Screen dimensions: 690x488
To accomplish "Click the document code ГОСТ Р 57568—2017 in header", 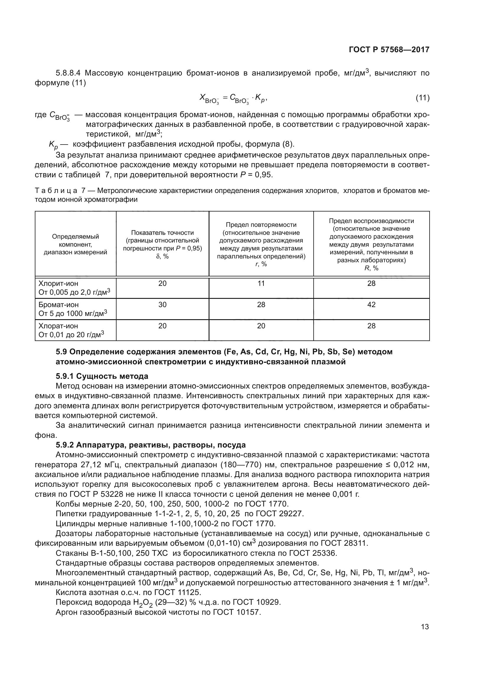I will pyautogui.click(x=389, y=50).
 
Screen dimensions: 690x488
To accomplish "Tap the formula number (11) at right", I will pyautogui.click(x=422, y=98).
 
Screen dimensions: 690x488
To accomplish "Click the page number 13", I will pyautogui.click(x=425, y=627).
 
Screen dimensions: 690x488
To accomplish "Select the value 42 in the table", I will pyautogui.click(x=371, y=304).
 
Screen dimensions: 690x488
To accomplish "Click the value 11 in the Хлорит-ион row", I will pyautogui.click(x=261, y=283).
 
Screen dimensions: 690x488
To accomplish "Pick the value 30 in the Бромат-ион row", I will pyautogui.click(x=162, y=304).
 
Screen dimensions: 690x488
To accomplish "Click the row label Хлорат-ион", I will pyautogui.click(x=58, y=326).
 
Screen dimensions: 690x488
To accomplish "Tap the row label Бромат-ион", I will pyautogui.click(x=58, y=304).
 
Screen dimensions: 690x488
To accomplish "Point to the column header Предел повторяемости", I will pyautogui.click(x=261, y=225).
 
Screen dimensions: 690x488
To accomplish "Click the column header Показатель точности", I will pyautogui.click(x=162, y=232).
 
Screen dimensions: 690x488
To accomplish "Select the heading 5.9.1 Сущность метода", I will pyautogui.click(x=102, y=376).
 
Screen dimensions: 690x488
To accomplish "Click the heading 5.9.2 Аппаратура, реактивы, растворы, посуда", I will pyautogui.click(x=150, y=445).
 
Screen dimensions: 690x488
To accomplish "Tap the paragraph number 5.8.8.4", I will pyautogui.click(x=68, y=73).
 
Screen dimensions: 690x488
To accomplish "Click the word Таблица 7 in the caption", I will pyautogui.click(x=60, y=191).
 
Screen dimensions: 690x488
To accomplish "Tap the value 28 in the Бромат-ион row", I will pyautogui.click(x=261, y=304).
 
